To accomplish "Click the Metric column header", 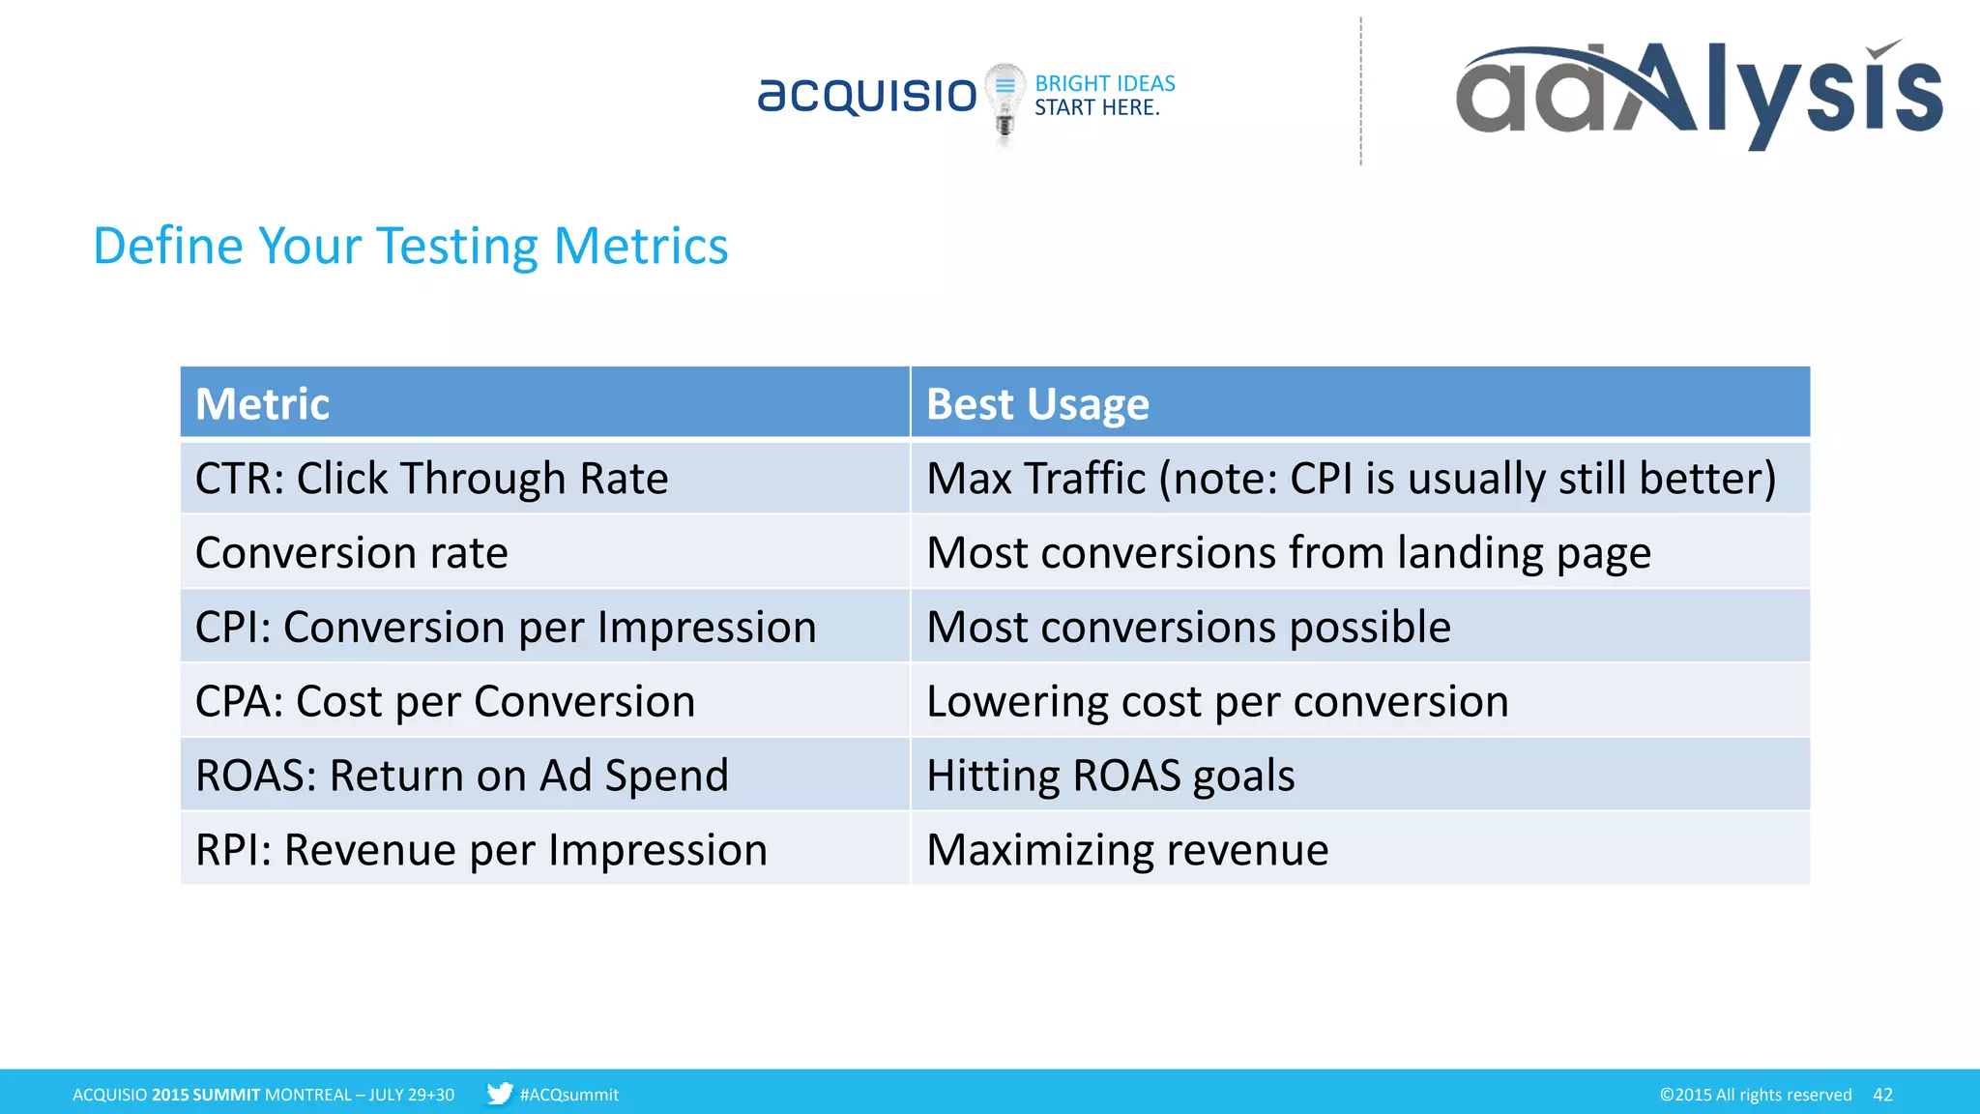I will pos(544,402).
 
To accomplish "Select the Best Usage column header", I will pos(1359,402).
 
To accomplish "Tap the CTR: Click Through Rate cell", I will pos(544,478).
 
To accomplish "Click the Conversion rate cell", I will pos(544,552).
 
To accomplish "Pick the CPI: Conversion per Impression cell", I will pos(544,627).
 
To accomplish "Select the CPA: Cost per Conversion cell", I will pos(544,701).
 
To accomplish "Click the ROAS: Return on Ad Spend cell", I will pos(544,775).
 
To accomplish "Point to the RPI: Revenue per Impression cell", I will pos(544,849).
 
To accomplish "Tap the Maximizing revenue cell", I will pos(1359,849).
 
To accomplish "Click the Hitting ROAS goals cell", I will pos(1359,775).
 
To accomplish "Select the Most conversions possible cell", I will pos(1359,627).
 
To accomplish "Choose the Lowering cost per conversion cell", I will pos(1359,701).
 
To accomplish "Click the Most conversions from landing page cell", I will pos(1359,552).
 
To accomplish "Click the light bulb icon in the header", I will pos(1005,101).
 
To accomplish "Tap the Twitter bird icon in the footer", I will pos(499,1094).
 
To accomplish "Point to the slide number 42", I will pos(1882,1094).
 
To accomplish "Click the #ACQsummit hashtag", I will pos(568,1095).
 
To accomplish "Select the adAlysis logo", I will pos(1699,93).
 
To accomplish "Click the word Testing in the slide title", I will pos(456,247).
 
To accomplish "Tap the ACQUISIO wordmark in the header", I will pos(867,95).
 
